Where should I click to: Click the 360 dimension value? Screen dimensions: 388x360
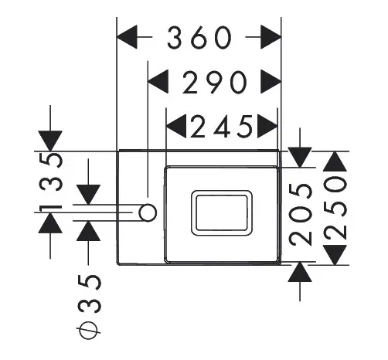click(199, 37)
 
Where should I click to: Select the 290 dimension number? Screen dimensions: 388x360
click(214, 83)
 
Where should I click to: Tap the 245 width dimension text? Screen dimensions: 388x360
click(221, 127)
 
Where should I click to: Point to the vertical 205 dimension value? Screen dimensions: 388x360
click(301, 215)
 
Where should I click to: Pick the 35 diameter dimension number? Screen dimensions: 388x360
click(89, 294)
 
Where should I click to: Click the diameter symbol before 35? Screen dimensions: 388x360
click(88, 330)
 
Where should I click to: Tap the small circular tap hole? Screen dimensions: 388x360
click(148, 212)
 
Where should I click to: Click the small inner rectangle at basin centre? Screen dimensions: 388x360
click(222, 213)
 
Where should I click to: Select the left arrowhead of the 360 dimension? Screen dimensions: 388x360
click(127, 37)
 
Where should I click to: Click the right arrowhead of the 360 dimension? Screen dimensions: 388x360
click(271, 37)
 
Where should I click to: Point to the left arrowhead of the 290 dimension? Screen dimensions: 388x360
click(158, 82)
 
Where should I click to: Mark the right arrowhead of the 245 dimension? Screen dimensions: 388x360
click(267, 126)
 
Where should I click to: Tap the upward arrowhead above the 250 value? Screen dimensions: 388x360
click(335, 161)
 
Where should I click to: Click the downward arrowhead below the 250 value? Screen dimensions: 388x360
click(335, 255)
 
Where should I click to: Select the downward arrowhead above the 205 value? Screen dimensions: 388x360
click(300, 157)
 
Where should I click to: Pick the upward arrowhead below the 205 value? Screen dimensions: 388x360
click(300, 272)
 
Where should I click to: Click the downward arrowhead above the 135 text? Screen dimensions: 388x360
click(50, 141)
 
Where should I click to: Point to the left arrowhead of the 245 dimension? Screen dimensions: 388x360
click(176, 126)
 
